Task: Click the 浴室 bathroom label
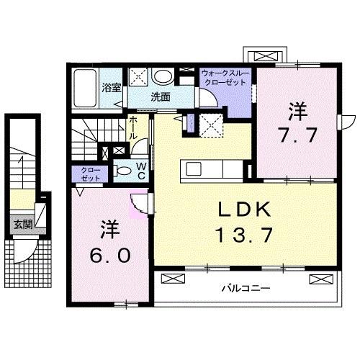[111, 91]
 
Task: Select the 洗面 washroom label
[159, 95]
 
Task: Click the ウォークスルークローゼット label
[225, 78]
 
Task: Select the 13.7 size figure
[244, 234]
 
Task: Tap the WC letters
[141, 170]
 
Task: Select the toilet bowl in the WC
[124, 171]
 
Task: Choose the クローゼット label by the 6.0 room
[89, 174]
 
